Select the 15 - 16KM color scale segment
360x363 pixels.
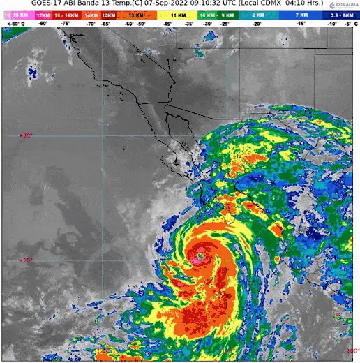point(66,14)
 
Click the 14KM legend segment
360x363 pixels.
point(89,14)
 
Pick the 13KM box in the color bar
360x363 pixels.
point(108,14)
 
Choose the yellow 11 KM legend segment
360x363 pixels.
point(177,14)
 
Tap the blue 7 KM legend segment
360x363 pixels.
point(301,14)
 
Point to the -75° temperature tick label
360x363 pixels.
point(65,23)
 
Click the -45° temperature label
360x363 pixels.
point(167,23)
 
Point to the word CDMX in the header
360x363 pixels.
point(276,5)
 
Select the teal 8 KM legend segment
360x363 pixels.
point(258,14)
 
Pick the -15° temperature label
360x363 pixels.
point(301,23)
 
